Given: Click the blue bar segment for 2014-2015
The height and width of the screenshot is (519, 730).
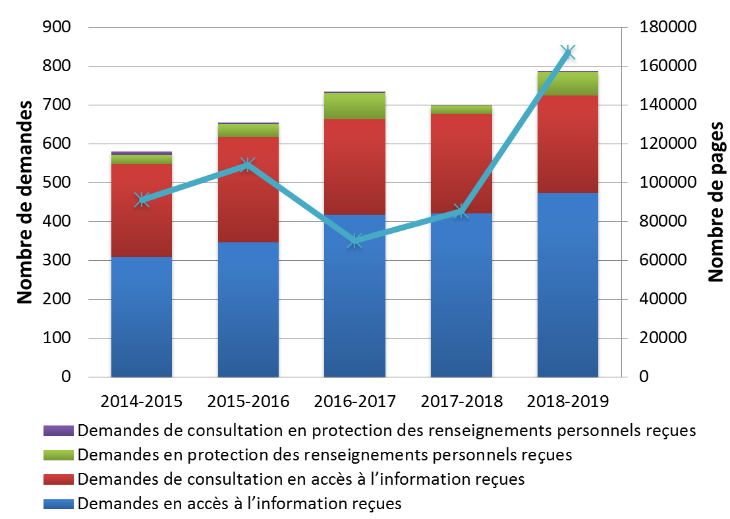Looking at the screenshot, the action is pos(142,317).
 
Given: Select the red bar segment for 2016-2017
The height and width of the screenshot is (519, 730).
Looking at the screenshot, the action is pos(354,167).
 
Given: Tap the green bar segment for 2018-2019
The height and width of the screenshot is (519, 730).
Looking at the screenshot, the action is pos(568,84).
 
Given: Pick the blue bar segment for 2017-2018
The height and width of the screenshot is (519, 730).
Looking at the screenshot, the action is pos(461,295).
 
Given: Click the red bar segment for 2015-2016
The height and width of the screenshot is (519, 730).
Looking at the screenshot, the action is pos(248,190).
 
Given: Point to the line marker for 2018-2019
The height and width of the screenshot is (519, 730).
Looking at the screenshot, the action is pos(567,52).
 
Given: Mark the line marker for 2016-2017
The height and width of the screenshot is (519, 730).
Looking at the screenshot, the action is pos(354,240).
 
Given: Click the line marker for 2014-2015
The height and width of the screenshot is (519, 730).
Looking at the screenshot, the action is pos(142,200).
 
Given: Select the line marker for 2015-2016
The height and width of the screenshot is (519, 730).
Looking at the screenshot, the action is pos(248,164).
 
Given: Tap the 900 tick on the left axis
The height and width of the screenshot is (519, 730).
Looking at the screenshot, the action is pos(57,27).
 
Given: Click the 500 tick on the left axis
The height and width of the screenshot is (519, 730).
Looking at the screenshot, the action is pos(57,182).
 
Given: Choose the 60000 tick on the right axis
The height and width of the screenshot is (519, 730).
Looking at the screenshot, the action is pos(663,260).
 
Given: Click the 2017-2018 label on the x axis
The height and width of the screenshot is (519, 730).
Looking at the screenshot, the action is pos(461,401).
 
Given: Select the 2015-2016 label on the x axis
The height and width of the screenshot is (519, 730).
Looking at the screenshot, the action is pos(248,401).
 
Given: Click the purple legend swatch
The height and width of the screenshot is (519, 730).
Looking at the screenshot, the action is pos(59,431).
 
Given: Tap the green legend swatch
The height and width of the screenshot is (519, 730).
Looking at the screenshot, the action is pos(59,454).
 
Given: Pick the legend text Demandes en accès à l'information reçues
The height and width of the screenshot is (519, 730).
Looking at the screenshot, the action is pos(240,503).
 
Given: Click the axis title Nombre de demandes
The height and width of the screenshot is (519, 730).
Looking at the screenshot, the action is pos(24,202).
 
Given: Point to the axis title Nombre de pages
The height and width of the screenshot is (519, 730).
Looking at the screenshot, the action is pos(716,202).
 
